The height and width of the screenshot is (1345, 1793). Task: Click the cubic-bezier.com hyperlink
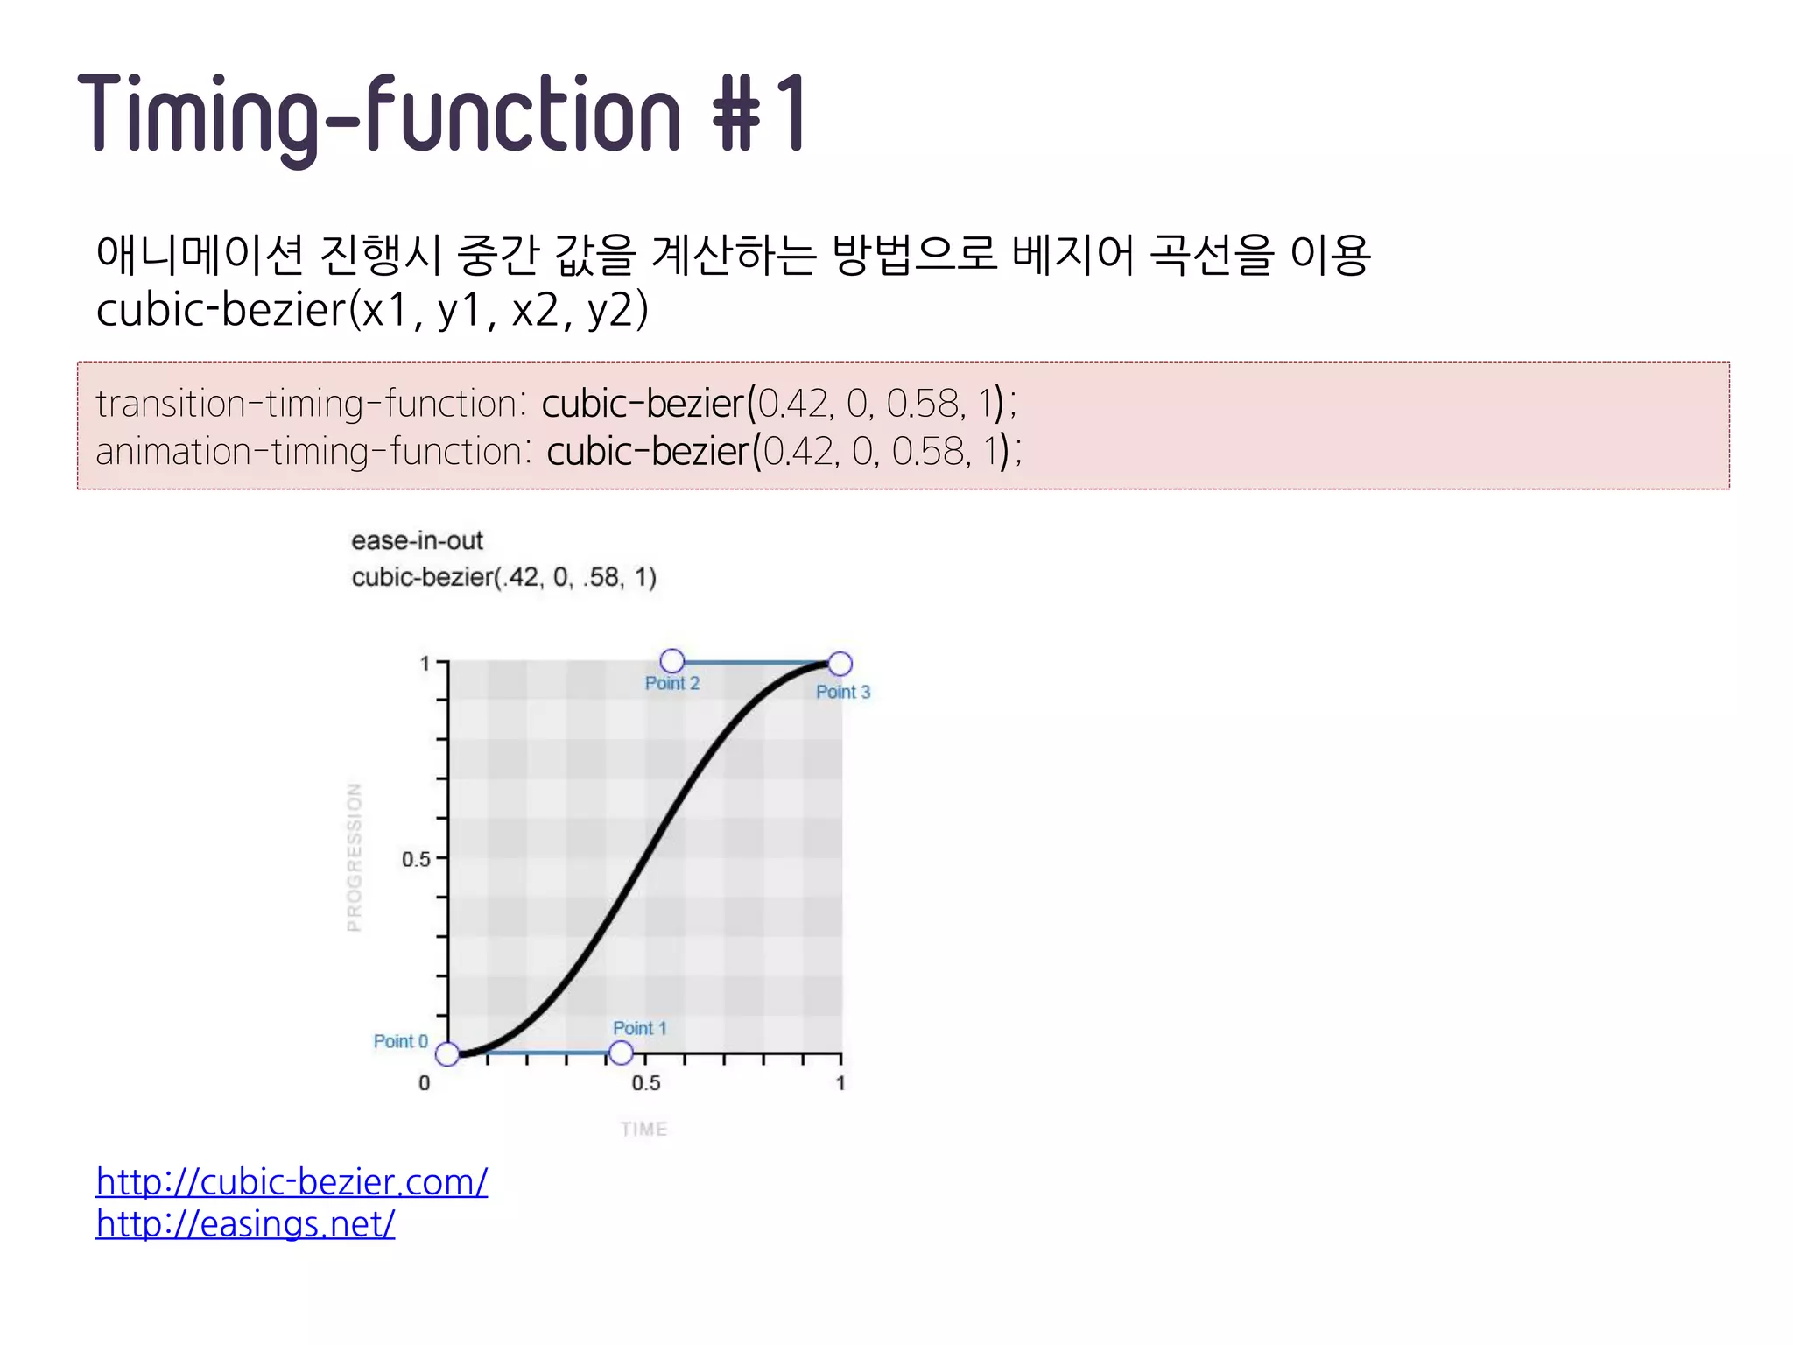click(292, 1182)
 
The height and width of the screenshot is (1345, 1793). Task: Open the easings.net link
click(245, 1224)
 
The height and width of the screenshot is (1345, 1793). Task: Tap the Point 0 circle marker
click(447, 1054)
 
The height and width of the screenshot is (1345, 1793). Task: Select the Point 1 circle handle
click(621, 1053)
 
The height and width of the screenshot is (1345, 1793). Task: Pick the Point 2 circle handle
click(672, 660)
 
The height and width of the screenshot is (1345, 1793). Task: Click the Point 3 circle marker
click(840, 665)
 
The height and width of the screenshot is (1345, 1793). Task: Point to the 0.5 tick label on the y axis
click(416, 859)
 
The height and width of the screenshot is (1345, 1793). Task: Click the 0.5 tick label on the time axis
click(646, 1083)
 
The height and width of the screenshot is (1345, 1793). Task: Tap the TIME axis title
click(643, 1130)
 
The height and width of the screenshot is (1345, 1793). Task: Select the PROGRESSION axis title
click(355, 857)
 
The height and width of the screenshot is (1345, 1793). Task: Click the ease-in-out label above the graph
click(417, 541)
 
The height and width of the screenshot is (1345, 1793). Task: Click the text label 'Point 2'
click(672, 684)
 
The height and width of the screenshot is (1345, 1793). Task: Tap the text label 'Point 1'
click(639, 1028)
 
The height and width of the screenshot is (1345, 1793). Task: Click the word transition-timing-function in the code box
click(307, 404)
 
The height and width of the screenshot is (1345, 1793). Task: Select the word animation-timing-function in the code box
click(310, 452)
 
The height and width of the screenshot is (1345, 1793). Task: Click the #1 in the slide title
click(760, 114)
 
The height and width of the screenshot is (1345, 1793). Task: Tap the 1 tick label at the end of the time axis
click(840, 1083)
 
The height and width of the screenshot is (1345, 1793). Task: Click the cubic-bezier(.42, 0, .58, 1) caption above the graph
click(503, 577)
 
